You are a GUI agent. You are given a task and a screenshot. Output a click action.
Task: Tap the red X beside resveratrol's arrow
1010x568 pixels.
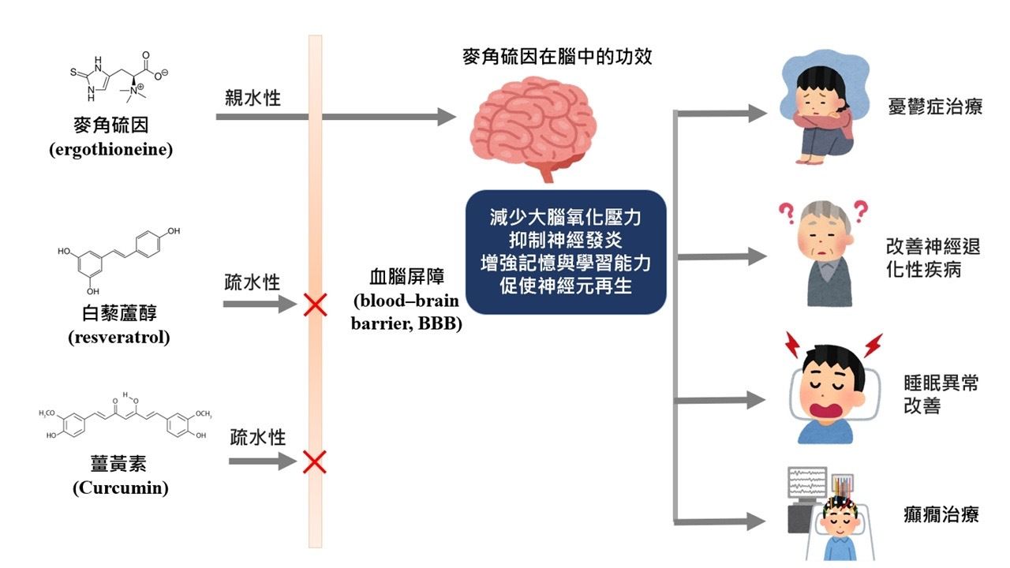(315, 305)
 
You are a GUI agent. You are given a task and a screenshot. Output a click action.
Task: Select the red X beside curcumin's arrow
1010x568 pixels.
(315, 461)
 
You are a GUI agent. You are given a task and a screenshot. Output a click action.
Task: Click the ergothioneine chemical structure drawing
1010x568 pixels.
(118, 77)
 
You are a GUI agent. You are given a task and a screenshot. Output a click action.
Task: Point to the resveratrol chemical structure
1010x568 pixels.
(118, 260)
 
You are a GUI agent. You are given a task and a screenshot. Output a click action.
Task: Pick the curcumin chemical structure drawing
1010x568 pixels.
(125, 417)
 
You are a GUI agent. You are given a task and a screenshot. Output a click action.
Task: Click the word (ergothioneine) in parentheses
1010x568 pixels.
(111, 150)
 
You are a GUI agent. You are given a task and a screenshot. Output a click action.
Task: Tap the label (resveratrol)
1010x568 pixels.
(119, 337)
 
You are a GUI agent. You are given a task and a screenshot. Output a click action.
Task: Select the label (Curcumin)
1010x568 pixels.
(121, 488)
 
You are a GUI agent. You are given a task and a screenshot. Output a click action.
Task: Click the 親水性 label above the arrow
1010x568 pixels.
(252, 98)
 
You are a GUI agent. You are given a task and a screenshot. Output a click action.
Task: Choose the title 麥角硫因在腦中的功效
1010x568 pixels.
(557, 57)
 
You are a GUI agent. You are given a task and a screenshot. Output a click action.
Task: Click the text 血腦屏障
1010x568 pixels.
(406, 276)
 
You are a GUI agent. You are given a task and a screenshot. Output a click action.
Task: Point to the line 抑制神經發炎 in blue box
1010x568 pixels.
(566, 240)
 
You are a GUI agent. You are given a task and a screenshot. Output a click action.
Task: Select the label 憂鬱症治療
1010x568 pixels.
(935, 106)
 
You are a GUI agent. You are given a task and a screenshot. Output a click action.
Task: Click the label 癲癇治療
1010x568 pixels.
(941, 515)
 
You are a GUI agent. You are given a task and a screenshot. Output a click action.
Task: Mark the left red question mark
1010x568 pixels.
(787, 213)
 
